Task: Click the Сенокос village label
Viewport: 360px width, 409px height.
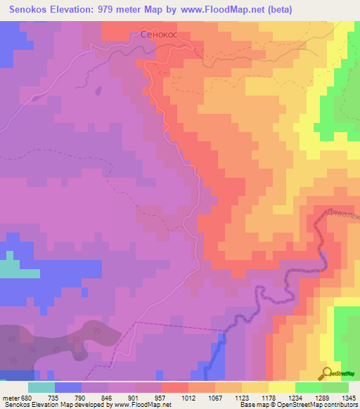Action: (158, 33)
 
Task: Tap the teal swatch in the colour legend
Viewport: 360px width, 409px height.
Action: (41, 388)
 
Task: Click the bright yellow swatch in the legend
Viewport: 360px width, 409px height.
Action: (282, 388)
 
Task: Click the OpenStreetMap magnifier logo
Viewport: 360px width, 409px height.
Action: (327, 373)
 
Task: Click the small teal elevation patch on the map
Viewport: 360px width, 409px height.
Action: (8, 269)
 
